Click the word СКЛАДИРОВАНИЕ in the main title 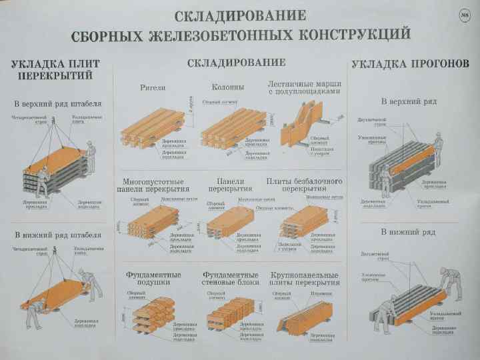pyautogui.click(x=240, y=15)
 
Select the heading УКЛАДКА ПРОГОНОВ pyautogui.click(x=409, y=64)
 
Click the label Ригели pyautogui.click(x=153, y=87)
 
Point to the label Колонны pyautogui.click(x=228, y=87)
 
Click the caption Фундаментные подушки pyautogui.click(x=153, y=279)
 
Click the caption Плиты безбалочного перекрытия pyautogui.click(x=304, y=185)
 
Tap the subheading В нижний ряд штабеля pyautogui.click(x=58, y=235)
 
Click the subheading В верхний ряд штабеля pyautogui.click(x=58, y=104)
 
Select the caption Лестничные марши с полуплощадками pyautogui.click(x=304, y=87)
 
